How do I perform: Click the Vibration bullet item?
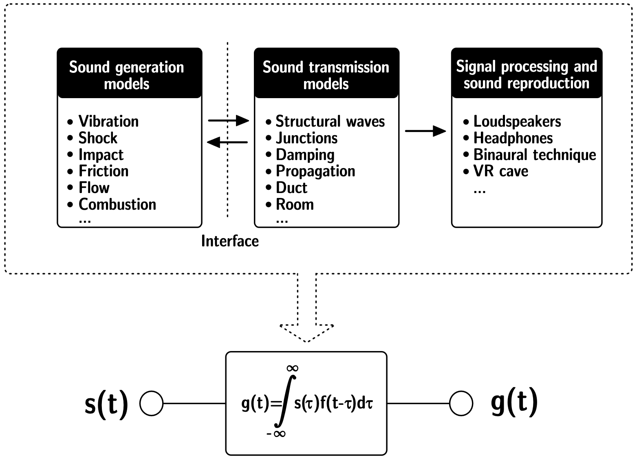click(108, 121)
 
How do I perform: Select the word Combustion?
click(117, 204)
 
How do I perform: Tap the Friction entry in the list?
click(104, 171)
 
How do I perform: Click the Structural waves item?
click(330, 121)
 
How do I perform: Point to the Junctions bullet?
click(306, 138)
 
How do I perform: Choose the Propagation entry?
click(315, 171)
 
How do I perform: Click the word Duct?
click(291, 188)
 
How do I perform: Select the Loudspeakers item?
click(517, 121)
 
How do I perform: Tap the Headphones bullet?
click(513, 138)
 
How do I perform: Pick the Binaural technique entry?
click(535, 155)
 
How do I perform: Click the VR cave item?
click(501, 171)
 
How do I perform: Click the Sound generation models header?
click(127, 75)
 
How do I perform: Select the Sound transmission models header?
click(326, 75)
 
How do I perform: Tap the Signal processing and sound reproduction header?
click(527, 75)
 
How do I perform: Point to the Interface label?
click(230, 241)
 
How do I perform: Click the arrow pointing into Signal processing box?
click(425, 131)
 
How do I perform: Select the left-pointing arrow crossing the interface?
click(227, 142)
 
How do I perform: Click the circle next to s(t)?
click(151, 404)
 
